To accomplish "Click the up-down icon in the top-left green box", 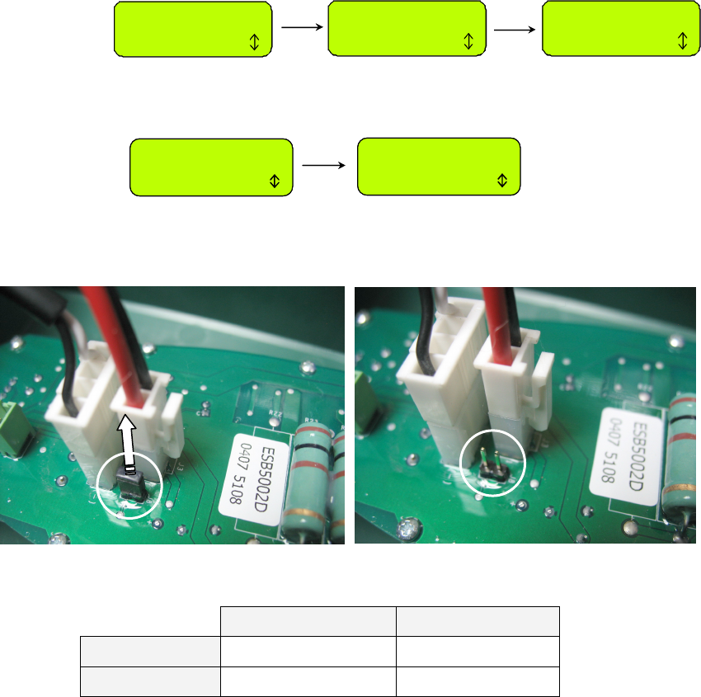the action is (x=254, y=43).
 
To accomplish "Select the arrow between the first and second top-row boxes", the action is (x=299, y=28).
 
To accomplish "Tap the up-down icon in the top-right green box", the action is (x=682, y=41).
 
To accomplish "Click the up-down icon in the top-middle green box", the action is (x=468, y=42).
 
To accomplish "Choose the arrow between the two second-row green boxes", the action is (x=324, y=166).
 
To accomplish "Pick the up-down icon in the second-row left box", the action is (x=275, y=181).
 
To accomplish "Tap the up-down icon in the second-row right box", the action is (x=503, y=181).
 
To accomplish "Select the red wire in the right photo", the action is (x=499, y=322).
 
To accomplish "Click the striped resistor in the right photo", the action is (x=684, y=454).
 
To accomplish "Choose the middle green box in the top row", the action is (x=405, y=29).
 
